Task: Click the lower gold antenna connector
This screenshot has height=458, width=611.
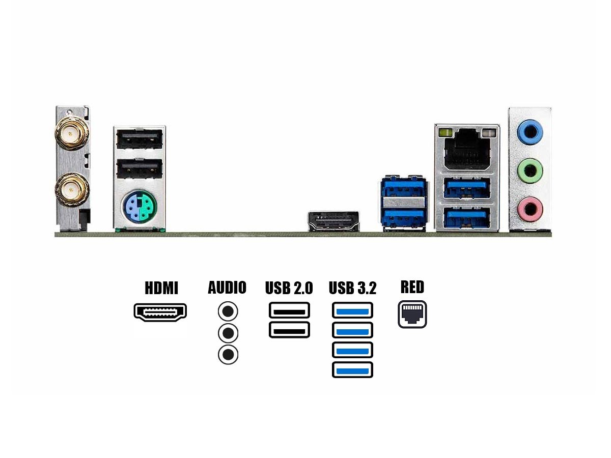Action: point(71,190)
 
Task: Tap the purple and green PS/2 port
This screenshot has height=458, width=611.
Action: point(138,209)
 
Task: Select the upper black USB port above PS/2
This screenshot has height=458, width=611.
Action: point(139,139)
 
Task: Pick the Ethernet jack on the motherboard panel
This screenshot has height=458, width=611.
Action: point(467,150)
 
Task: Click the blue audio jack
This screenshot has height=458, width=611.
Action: point(530,132)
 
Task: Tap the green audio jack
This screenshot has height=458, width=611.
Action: point(530,169)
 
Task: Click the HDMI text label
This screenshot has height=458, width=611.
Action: point(161,288)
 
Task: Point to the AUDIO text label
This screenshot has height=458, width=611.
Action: point(227,288)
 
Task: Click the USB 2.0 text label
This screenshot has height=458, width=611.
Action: point(289,288)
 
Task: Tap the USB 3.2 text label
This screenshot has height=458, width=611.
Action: point(352,288)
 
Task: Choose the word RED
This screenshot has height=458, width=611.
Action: point(412,287)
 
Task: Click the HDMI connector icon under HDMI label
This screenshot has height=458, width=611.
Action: point(160,312)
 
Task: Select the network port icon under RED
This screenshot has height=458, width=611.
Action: point(412,314)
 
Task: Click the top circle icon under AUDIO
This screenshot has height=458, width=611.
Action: point(228,311)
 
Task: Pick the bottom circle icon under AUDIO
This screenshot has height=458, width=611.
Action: point(228,354)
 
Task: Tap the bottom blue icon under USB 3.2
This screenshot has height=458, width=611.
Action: point(352,369)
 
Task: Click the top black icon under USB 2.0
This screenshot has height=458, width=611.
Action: point(289,310)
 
